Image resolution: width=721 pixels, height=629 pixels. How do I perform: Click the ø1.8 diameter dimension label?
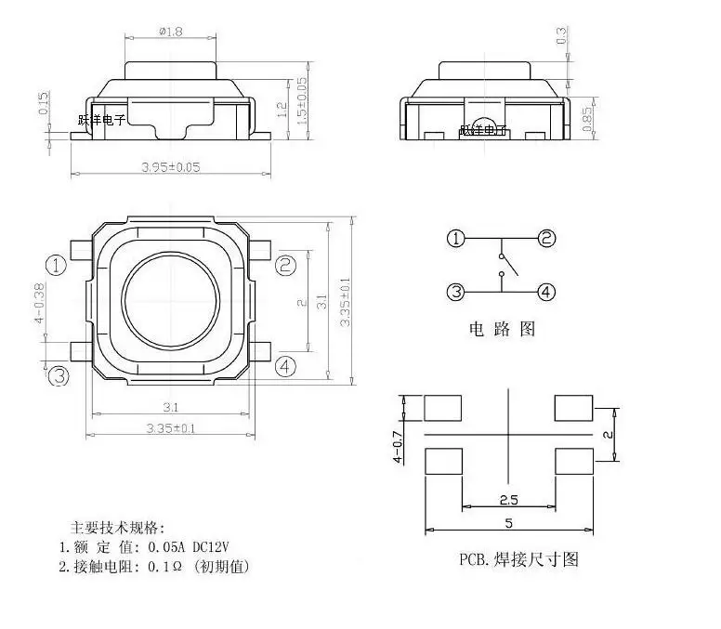[x=172, y=32]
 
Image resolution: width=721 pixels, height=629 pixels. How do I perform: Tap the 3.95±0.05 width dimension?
[x=170, y=167]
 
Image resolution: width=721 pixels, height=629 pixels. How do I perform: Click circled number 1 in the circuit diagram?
[x=455, y=239]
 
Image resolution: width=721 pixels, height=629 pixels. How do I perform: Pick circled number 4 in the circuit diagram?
[x=547, y=292]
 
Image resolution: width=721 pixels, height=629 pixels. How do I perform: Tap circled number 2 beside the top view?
[x=286, y=265]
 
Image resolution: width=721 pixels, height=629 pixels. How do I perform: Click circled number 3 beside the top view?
[x=59, y=375]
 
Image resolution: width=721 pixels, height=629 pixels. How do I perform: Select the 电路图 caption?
[x=502, y=329]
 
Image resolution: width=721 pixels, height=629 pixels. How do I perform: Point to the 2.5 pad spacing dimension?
[x=507, y=499]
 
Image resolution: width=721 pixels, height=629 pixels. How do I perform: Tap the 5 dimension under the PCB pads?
[x=508, y=524]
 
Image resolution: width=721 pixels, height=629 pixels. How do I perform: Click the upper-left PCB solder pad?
[x=443, y=407]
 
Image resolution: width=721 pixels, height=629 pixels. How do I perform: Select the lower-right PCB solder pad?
[x=572, y=461]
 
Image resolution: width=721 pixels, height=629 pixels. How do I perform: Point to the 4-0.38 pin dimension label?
[x=39, y=304]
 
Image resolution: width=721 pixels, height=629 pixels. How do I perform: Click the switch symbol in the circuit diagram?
[x=502, y=264]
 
